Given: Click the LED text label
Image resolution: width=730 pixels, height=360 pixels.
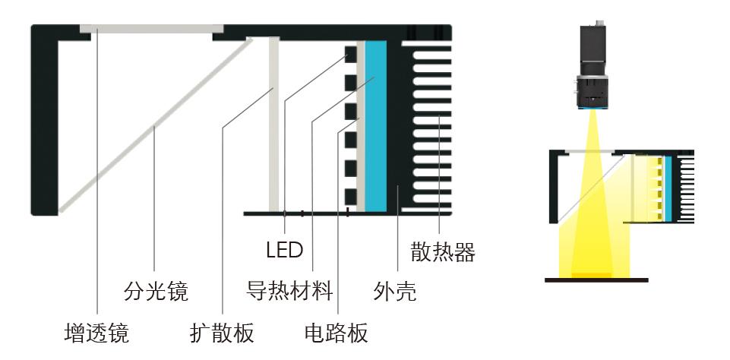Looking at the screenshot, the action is coord(284,251).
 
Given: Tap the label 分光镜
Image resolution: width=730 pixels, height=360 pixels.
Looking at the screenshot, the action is coord(156,292).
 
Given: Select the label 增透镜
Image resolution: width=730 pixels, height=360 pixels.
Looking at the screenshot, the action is coord(96,333).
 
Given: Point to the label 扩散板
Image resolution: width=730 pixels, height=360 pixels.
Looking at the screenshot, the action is coord(222,333).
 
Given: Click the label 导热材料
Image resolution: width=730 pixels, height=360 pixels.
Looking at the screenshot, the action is coord(289,291).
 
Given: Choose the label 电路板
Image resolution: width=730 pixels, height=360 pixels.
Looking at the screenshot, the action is coord(337,333).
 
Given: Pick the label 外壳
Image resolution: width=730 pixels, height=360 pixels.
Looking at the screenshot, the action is coord(395,292).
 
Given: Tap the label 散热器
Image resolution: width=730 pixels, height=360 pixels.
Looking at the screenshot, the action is coord(443,252).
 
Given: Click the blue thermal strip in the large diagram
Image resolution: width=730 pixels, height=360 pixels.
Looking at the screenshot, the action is coord(376,126).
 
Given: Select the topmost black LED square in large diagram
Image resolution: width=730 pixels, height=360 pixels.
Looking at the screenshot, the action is coord(351,54).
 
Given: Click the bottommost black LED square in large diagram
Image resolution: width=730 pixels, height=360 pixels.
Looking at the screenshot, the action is coord(351,197).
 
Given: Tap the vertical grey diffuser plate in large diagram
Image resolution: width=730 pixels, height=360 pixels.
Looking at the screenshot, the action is coord(273,124).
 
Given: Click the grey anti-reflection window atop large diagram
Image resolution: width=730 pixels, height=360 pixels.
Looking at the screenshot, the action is coord(151,29).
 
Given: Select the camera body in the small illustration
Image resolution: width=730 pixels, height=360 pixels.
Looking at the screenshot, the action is coord(593,50).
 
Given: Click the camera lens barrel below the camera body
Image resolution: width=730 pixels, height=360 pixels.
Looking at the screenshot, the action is coord(593,92).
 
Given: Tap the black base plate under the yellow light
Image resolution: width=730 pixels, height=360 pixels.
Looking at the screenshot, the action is coord(596,280).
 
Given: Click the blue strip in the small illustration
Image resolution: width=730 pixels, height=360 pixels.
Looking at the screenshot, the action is coord(668,188).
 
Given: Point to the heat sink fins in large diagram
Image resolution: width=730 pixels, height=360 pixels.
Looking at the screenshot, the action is coord(431,127).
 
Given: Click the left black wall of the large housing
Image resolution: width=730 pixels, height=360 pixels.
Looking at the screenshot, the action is coord(45,126).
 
